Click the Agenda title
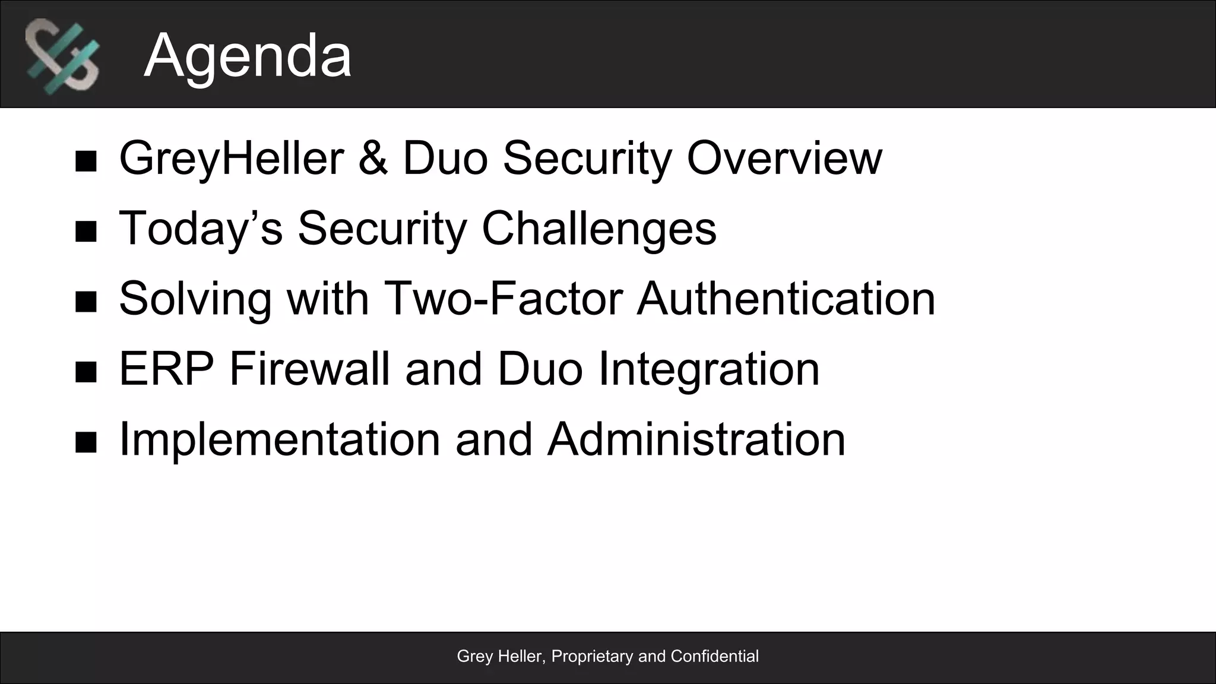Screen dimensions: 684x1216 pyautogui.click(x=248, y=56)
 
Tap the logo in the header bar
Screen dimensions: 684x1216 pyautogui.click(x=62, y=56)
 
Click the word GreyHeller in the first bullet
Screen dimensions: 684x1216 pyautogui.click(x=232, y=158)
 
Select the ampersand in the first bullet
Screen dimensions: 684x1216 pyautogui.click(x=373, y=158)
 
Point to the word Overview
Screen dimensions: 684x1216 pyautogui.click(x=784, y=158)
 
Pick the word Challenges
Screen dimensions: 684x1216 pyautogui.click(x=599, y=229)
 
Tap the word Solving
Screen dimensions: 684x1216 pyautogui.click(x=195, y=299)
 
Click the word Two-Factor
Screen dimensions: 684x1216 pyautogui.click(x=503, y=299)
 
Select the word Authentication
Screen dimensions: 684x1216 pyautogui.click(x=786, y=299)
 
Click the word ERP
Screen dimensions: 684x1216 pyautogui.click(x=167, y=369)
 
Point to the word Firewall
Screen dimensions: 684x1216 pyautogui.click(x=309, y=369)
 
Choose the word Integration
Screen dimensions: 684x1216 pyautogui.click(x=709, y=369)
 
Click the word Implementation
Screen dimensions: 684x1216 pyautogui.click(x=280, y=439)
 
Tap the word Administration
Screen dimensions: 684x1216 pyautogui.click(x=696, y=439)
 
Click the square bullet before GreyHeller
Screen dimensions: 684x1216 pyautogui.click(x=86, y=161)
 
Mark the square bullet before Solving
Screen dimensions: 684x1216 pyautogui.click(x=86, y=302)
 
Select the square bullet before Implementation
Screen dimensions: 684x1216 pyautogui.click(x=86, y=442)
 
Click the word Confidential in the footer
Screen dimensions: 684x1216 pyautogui.click(x=714, y=656)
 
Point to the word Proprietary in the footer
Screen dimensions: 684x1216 pyautogui.click(x=592, y=657)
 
